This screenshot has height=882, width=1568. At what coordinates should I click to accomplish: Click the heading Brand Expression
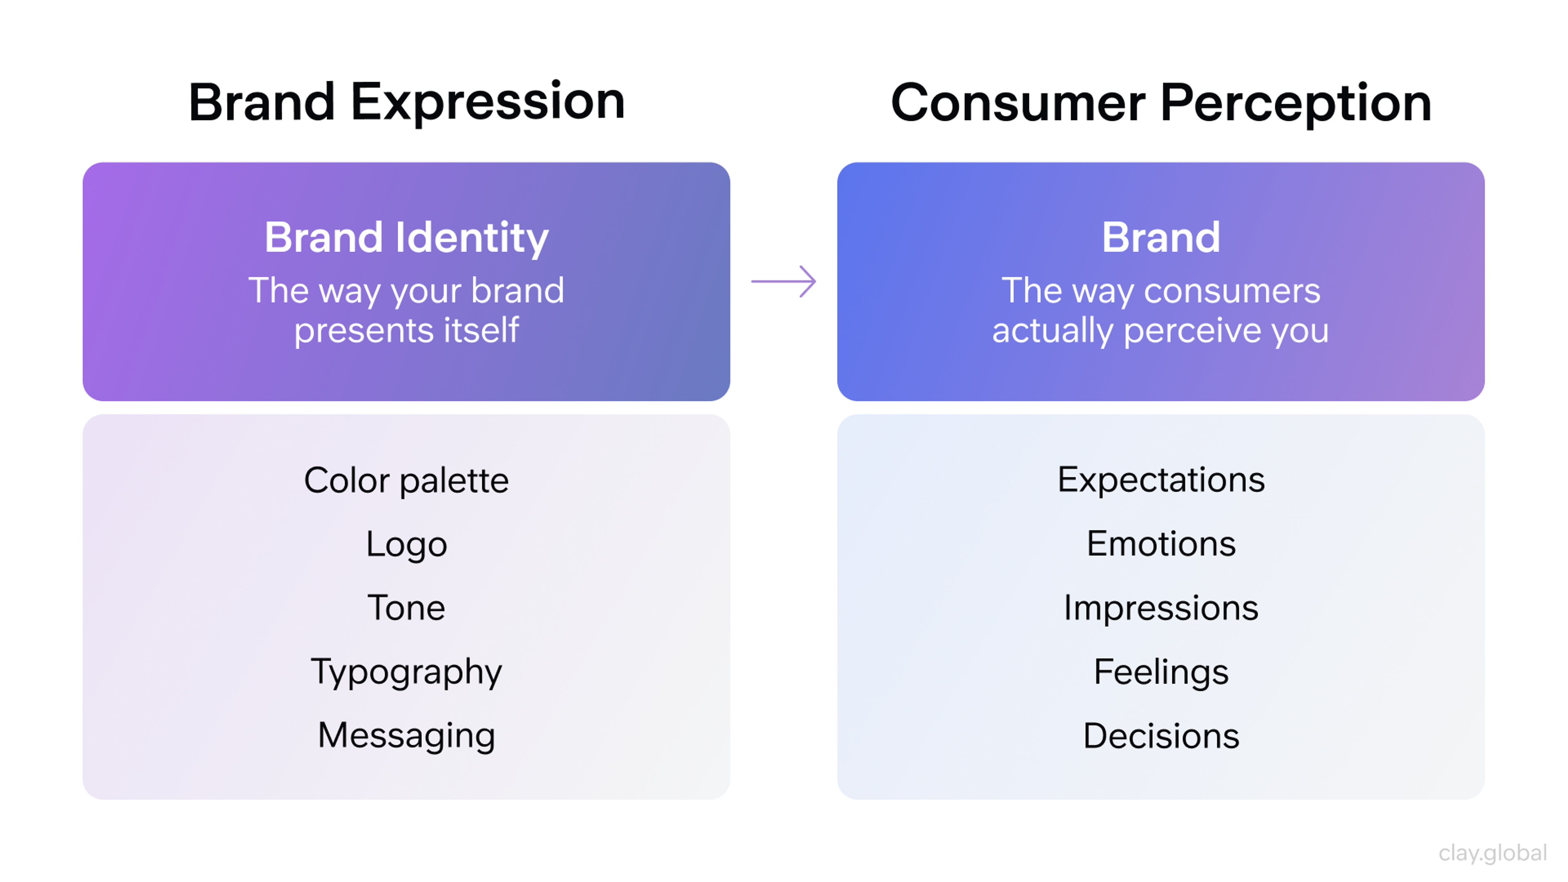tap(407, 102)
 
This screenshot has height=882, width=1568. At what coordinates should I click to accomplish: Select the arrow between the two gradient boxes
tap(784, 281)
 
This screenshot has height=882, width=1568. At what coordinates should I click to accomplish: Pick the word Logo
tap(407, 544)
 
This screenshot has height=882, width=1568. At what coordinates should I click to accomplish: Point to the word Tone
tap(407, 608)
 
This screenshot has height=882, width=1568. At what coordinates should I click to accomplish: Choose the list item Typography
tap(407, 672)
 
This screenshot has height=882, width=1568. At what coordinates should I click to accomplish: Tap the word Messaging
tap(407, 735)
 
